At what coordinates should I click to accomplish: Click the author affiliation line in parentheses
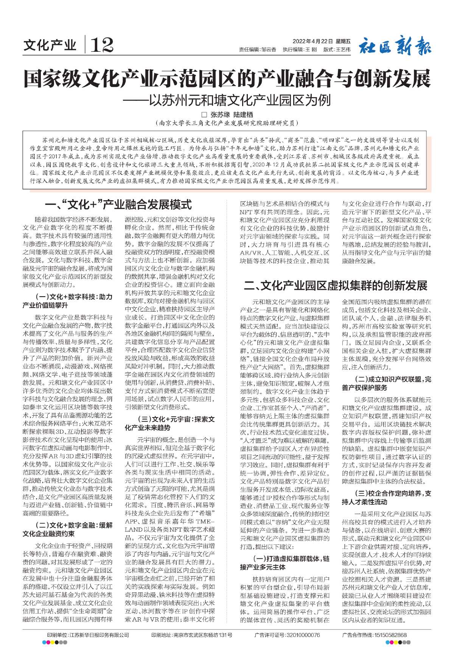227,123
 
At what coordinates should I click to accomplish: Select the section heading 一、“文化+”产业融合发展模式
118,205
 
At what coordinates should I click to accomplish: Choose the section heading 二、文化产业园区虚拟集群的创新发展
336,285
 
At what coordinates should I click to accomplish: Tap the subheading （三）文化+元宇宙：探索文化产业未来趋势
169,423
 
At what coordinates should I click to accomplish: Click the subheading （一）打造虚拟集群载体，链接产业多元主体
285,563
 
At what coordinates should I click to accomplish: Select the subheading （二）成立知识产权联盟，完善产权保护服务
386,383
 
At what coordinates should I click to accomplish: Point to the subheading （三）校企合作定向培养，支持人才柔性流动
386,498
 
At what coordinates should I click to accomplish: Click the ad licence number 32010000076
302,635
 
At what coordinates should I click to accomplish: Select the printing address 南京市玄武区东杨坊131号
203,635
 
